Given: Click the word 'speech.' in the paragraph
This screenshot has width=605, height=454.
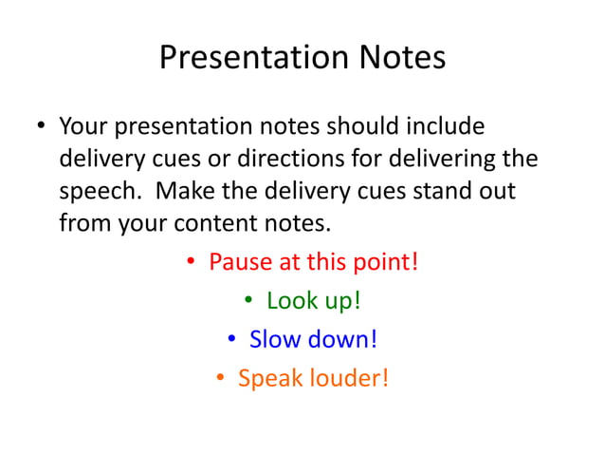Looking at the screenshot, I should [101, 192].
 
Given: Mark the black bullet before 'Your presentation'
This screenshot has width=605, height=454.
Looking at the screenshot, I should [41, 127].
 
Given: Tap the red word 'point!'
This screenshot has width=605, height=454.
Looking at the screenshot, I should [385, 261].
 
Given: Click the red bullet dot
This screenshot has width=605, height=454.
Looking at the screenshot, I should [191, 262].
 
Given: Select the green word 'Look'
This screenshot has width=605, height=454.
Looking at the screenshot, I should [290, 300].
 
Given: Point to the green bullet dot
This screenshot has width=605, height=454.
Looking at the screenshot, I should [247, 302].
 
